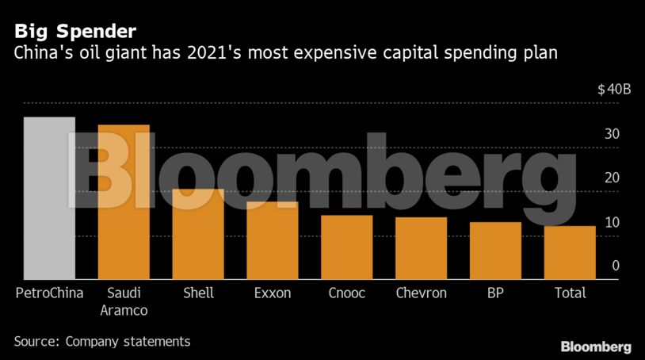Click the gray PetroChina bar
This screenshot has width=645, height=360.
pos(49,198)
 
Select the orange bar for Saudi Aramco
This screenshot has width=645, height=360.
pos(124,202)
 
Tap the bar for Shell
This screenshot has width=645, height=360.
pos(198,234)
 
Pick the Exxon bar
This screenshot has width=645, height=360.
pos(273,240)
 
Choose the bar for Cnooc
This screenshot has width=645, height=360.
pos(347,247)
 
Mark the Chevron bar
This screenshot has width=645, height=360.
pos(422,248)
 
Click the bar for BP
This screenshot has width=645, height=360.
pos(495,251)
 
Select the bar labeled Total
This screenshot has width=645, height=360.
pos(570,252)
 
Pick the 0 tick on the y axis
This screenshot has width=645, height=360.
pos(615,266)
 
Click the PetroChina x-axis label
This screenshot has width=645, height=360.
pos(49,293)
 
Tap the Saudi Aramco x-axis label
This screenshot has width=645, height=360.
pos(124,301)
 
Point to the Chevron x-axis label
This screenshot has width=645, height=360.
pos(422,293)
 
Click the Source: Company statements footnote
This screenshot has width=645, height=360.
pos(102,342)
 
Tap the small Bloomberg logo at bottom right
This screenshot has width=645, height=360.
pos(596,347)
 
